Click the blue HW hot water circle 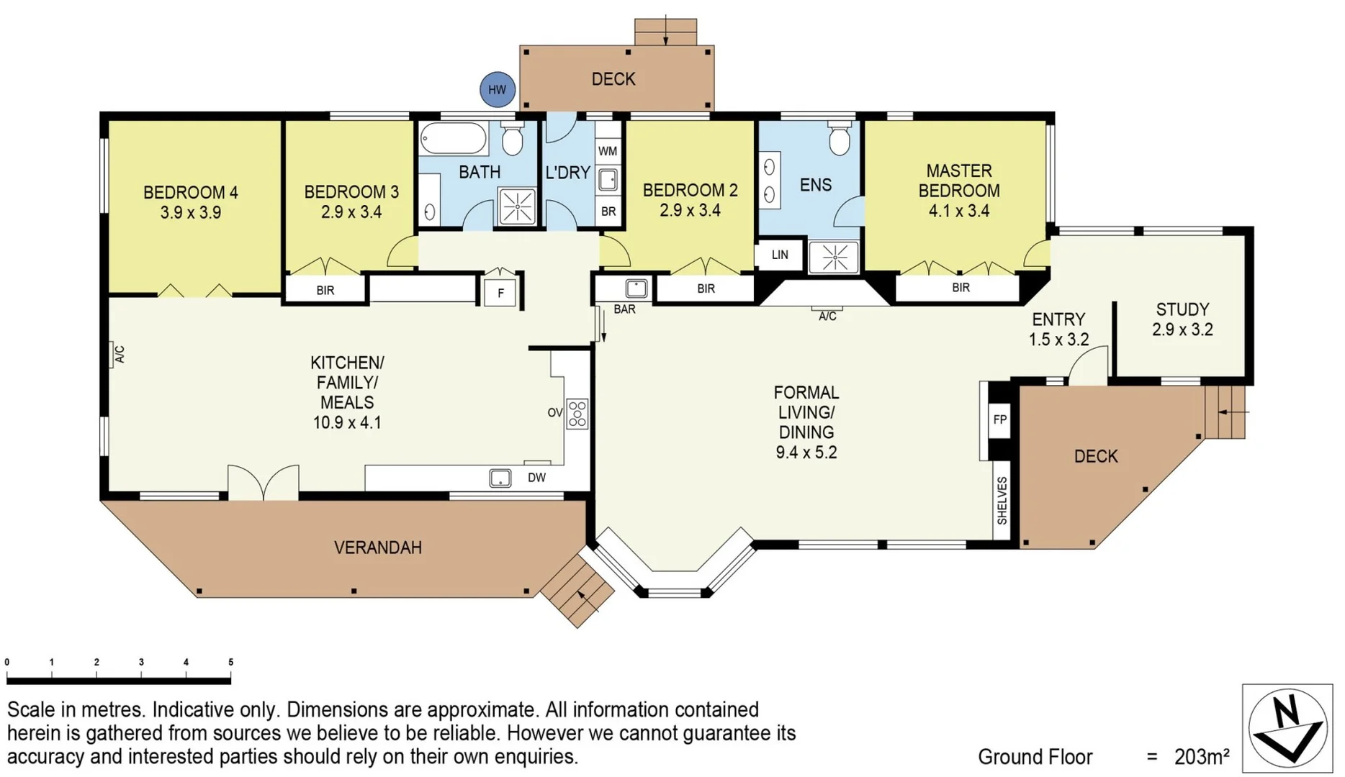498,90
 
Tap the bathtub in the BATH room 454,137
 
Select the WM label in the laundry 608,151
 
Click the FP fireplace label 999,419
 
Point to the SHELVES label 1002,501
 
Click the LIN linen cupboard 780,255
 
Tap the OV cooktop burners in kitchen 577,414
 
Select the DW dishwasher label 536,478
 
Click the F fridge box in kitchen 500,293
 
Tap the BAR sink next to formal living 636,288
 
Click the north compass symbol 1288,728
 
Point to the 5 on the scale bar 230,662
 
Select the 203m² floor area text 1202,757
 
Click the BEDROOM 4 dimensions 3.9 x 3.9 190,213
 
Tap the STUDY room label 1182,309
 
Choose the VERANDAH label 378,547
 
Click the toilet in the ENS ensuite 840,140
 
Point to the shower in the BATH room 518,206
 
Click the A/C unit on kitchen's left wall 118,354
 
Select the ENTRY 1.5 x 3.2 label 1058,329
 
